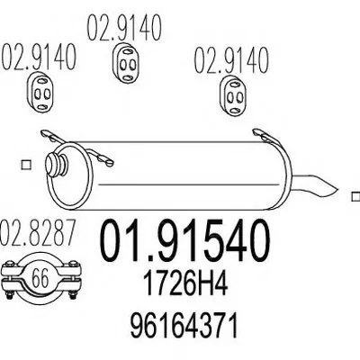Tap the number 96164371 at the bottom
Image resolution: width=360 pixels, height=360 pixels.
coord(184,325)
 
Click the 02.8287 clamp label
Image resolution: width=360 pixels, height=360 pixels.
coord(37,233)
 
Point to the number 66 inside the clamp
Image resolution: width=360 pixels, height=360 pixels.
coord(40,278)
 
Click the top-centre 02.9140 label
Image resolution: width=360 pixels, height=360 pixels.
coord(124,28)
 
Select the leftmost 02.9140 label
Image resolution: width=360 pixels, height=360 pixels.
coord(39,57)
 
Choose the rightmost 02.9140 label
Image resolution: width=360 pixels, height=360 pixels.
coord(231,60)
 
